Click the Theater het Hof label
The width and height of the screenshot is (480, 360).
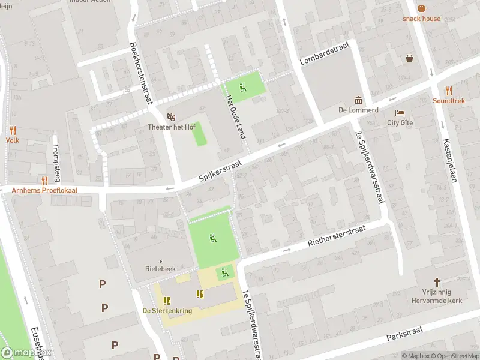coord(172,127)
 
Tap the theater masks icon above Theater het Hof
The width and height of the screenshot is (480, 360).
coord(172,116)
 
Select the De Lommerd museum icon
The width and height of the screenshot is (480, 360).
coord(358,100)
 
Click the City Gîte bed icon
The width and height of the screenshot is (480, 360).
coord(400,113)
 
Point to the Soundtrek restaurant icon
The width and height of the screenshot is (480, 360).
coord(449,91)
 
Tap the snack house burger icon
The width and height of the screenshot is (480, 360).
coord(421,8)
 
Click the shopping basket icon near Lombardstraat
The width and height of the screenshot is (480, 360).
coord(409,58)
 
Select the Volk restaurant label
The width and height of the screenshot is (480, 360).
coord(13,140)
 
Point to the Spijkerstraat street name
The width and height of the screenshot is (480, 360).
coord(220,171)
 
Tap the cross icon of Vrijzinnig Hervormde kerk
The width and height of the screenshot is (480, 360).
coord(437,281)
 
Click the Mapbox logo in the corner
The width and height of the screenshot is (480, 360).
coord(26,353)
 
